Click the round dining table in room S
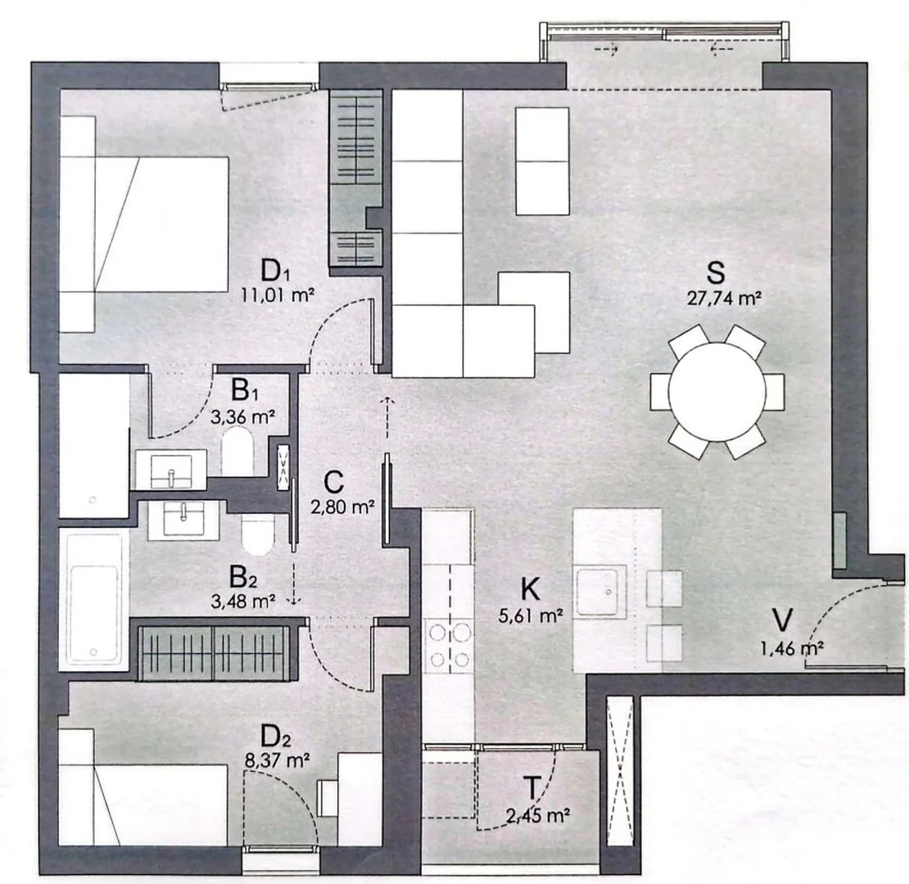click(717, 392)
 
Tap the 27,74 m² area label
click(724, 298)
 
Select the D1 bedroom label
click(275, 271)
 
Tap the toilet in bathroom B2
click(257, 534)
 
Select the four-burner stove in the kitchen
click(450, 645)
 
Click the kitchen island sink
click(600, 591)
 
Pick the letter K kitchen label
click(531, 589)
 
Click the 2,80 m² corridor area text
click(342, 507)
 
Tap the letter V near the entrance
click(783, 620)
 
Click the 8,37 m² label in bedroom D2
click(277, 760)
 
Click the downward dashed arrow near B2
click(294, 584)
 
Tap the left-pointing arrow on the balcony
click(721, 49)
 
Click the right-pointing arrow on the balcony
click(606, 50)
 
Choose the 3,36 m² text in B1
click(242, 417)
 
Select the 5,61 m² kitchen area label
click(531, 616)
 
